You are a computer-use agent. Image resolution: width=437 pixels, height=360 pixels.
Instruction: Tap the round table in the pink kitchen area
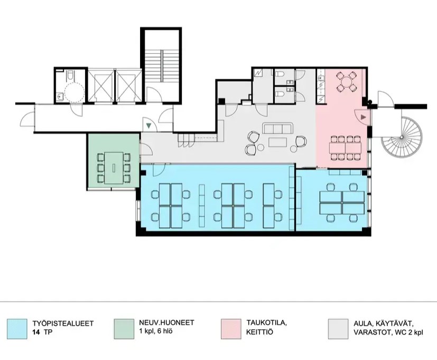pos(346,82)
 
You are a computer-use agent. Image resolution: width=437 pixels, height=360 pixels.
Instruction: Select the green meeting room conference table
pos(114,168)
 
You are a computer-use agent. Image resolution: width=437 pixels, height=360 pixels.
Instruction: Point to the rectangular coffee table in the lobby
pos(277,142)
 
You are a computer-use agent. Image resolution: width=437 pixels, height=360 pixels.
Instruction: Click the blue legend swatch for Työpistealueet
pos(17,329)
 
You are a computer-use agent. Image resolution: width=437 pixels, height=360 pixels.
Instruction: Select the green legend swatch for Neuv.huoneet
pos(124,329)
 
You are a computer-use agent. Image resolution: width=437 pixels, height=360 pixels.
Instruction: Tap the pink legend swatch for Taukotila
pos(231,329)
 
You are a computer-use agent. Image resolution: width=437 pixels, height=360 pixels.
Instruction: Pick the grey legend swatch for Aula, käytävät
pos(338,329)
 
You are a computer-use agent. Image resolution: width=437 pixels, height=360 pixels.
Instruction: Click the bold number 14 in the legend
pos(36,333)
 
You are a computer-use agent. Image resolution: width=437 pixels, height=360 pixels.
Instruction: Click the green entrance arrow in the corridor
pos(149,126)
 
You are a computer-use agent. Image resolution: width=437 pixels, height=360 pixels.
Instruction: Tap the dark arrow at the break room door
pos(363,117)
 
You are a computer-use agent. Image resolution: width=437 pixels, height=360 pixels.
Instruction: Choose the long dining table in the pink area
pos(346,148)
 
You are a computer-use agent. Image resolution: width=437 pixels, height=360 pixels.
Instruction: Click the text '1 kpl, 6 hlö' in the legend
pos(154,331)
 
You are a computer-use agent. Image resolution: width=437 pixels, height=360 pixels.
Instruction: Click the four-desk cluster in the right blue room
pos(342,202)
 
